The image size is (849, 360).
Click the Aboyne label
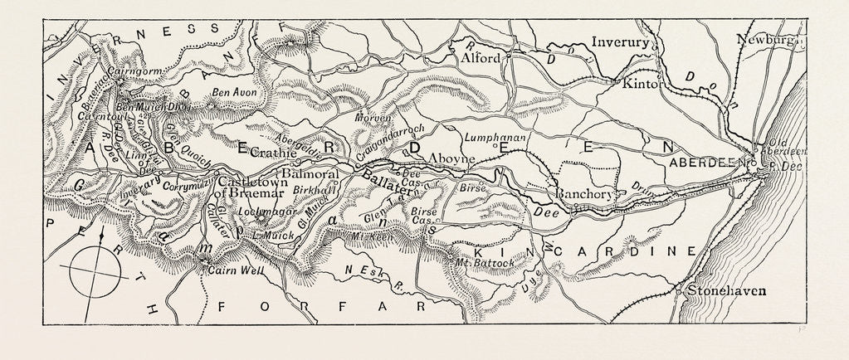point(451,158)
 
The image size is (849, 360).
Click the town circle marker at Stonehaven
point(679,292)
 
